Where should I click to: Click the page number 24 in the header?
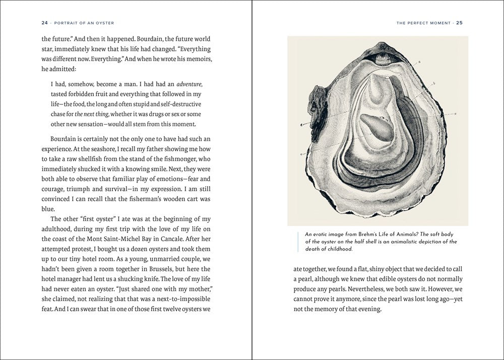pyautogui.click(x=45, y=23)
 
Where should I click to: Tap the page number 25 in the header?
pyautogui.click(x=460, y=23)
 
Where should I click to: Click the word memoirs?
pyautogui.click(x=198, y=59)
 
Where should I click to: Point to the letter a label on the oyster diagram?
pyautogui.click(x=419, y=62)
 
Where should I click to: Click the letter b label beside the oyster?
pyautogui.click(x=434, y=83)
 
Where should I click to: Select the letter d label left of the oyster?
pyautogui.click(x=301, y=124)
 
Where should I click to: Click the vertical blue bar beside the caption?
pyautogui.click(x=299, y=242)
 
